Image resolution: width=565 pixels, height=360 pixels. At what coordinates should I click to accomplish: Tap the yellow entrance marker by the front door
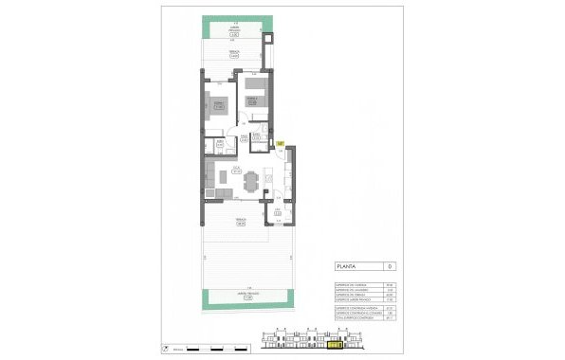(x=281, y=142)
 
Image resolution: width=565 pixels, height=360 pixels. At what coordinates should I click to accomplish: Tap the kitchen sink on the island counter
(x=269, y=176)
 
